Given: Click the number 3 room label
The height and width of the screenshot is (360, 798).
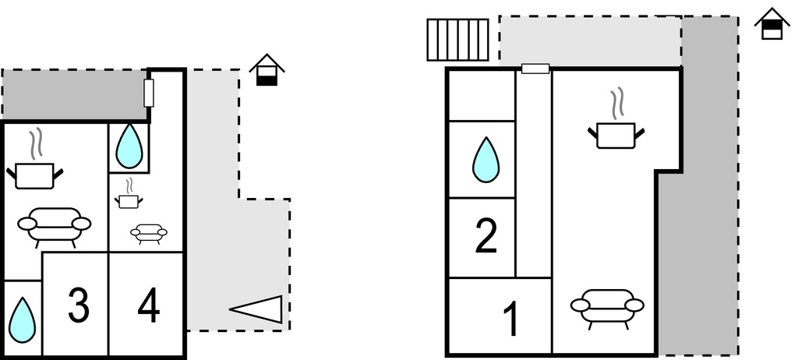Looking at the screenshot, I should [x=78, y=306].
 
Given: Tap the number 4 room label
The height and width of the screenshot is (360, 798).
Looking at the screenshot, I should [x=148, y=306].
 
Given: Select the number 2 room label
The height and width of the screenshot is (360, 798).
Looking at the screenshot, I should [x=486, y=237].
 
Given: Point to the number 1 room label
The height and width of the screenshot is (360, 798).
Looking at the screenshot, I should [x=510, y=319].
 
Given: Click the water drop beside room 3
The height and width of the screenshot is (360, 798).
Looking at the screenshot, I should [x=22, y=320].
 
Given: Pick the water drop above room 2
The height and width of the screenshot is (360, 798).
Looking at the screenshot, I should [x=485, y=160].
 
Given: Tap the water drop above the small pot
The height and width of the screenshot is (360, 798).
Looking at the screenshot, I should [x=129, y=146].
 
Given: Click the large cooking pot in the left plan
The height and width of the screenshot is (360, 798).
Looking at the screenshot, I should [x=34, y=172].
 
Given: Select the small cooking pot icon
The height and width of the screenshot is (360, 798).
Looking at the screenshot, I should [x=129, y=200].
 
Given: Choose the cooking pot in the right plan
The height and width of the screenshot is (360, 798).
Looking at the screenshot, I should [x=616, y=133].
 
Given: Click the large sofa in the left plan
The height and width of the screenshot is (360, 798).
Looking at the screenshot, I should [x=54, y=226].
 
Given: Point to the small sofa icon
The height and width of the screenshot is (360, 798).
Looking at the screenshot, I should [x=148, y=232].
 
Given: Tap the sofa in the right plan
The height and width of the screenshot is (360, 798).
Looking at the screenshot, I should [x=607, y=305].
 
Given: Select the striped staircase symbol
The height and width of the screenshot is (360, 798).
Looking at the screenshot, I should [x=457, y=39].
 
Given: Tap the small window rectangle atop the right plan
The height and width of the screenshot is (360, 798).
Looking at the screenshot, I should [x=535, y=69].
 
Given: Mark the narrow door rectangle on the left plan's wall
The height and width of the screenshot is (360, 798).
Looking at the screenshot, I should [x=150, y=92].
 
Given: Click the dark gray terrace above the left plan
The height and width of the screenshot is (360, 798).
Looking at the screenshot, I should [x=74, y=95].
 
